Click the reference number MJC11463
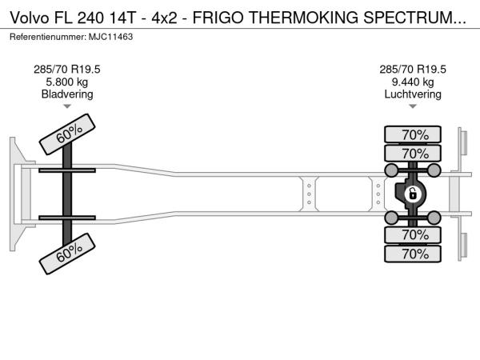pos(110,37)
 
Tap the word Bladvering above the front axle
pos(67,94)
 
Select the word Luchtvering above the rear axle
pos(413,94)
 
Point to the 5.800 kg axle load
pos(67,82)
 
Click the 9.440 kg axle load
pos(413,82)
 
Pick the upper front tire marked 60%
pos(67,134)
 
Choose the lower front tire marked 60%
pos(67,254)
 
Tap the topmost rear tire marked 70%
pos(413,134)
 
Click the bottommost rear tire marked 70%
pos(413,254)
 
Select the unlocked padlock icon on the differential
pos(412,194)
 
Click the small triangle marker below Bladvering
pos(67,106)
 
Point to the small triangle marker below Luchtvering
pos(413,106)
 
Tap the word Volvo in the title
pos(30,18)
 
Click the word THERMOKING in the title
pos(303,18)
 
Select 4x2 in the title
pos(164,18)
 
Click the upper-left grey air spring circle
pos(391,170)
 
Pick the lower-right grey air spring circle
pos(434,218)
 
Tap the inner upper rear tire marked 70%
pos(413,153)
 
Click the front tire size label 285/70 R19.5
pos(67,70)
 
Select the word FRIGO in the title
pos(218,18)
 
